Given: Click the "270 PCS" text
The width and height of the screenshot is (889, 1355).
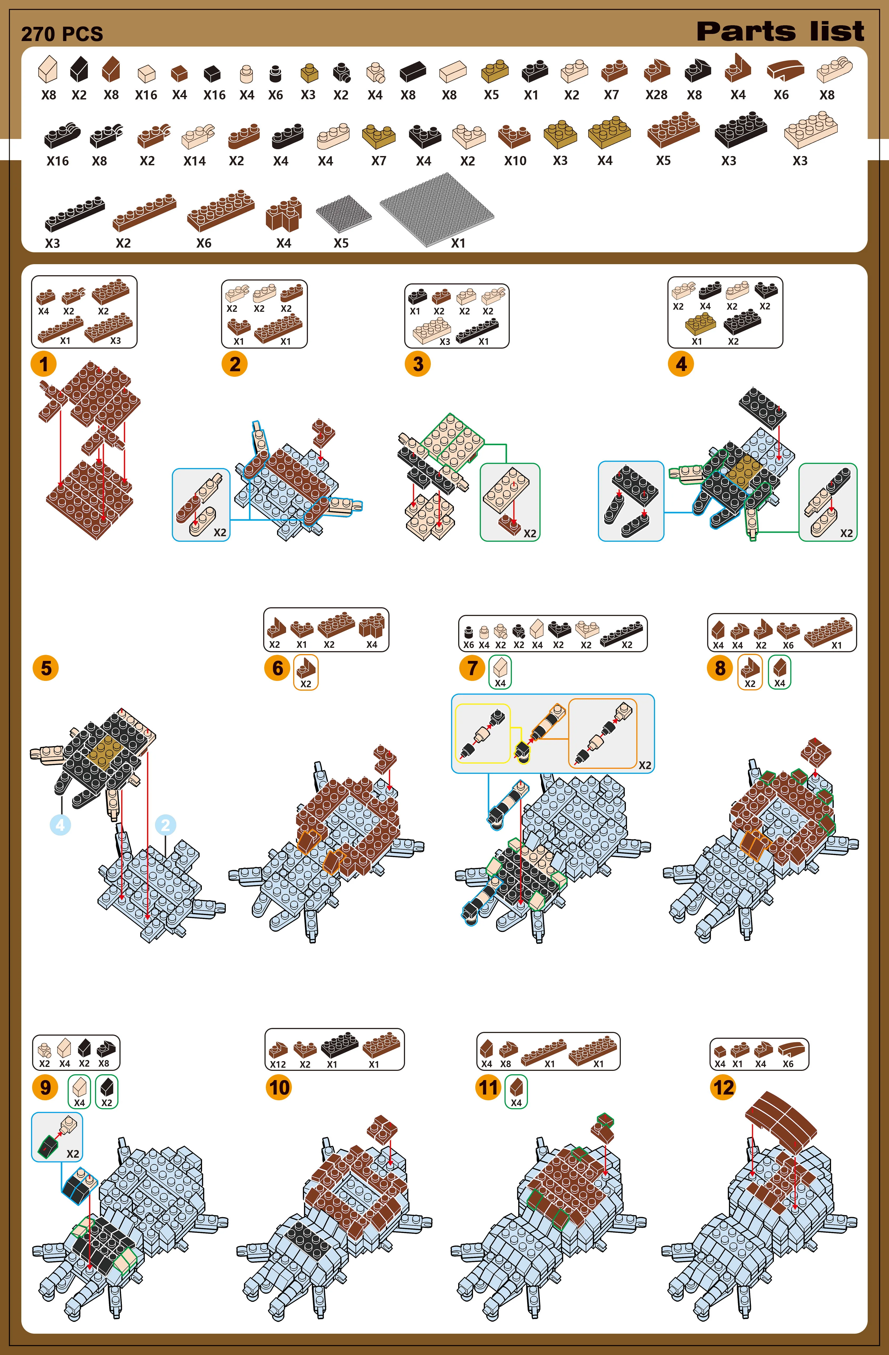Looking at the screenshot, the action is (62, 34).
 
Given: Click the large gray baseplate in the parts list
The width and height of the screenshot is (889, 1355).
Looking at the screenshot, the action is (437, 209).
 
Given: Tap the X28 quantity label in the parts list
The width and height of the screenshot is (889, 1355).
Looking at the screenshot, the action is (656, 95).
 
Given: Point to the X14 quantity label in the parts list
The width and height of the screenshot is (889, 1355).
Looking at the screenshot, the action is (194, 161).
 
